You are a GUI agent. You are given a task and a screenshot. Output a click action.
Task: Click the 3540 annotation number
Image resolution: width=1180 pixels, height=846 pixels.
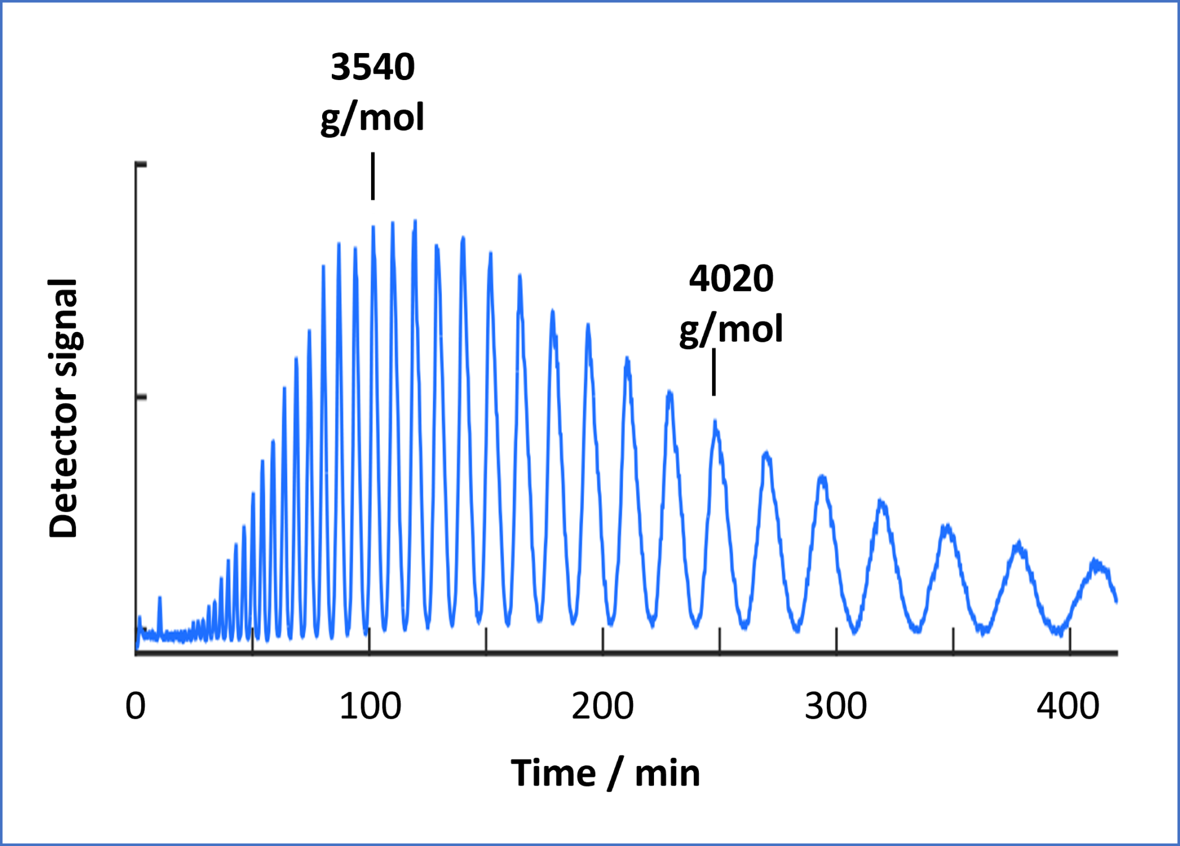click(x=373, y=67)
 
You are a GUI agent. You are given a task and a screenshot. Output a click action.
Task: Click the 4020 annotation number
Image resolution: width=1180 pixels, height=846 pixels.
click(x=731, y=279)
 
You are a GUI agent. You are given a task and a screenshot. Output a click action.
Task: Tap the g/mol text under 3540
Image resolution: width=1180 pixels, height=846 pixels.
click(x=372, y=118)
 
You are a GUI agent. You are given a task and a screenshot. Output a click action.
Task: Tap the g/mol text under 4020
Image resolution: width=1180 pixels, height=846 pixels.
click(x=731, y=330)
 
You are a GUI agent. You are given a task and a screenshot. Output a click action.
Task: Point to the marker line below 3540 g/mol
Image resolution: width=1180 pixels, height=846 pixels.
click(x=373, y=176)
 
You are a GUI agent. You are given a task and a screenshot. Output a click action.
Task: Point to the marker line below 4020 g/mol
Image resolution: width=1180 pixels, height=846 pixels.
click(x=714, y=372)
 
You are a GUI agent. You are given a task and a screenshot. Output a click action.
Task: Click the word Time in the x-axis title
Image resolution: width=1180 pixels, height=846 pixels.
click(x=553, y=773)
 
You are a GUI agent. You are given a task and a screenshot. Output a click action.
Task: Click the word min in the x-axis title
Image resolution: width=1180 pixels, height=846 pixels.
click(x=667, y=773)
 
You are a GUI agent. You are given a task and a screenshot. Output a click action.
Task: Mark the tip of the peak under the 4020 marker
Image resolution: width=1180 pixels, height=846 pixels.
click(x=715, y=421)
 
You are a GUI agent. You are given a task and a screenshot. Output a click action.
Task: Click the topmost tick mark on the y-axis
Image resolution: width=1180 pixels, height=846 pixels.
click(x=141, y=165)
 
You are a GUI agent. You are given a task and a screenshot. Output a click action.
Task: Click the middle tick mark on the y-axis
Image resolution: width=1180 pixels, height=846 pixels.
click(x=141, y=397)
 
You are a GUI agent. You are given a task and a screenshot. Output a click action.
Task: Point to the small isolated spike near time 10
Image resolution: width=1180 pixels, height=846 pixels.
click(x=160, y=599)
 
